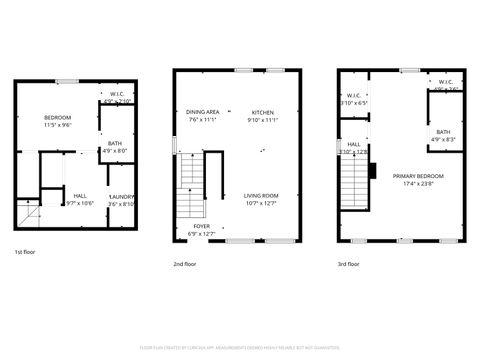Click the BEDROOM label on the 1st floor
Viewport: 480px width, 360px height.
57,119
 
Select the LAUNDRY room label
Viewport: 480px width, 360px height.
121,197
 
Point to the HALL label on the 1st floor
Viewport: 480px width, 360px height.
79,196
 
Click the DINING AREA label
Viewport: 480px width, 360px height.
202,112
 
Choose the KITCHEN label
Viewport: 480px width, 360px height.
262,112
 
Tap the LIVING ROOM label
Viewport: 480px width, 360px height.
261,196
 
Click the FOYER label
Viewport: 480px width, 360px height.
202,227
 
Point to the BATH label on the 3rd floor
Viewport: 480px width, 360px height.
443,132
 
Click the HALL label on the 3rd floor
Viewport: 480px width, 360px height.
354,144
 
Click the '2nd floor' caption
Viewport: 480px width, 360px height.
185,265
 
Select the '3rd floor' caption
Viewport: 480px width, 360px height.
350,265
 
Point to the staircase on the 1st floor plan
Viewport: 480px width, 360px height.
29,214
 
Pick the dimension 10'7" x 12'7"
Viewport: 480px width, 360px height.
261,203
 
